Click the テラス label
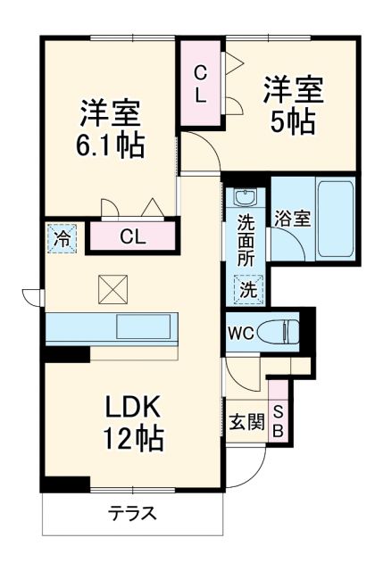(x=133, y=514)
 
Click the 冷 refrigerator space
(x=62, y=238)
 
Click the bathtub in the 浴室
(x=337, y=219)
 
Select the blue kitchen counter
(x=112, y=327)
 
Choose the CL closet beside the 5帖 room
(x=202, y=84)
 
